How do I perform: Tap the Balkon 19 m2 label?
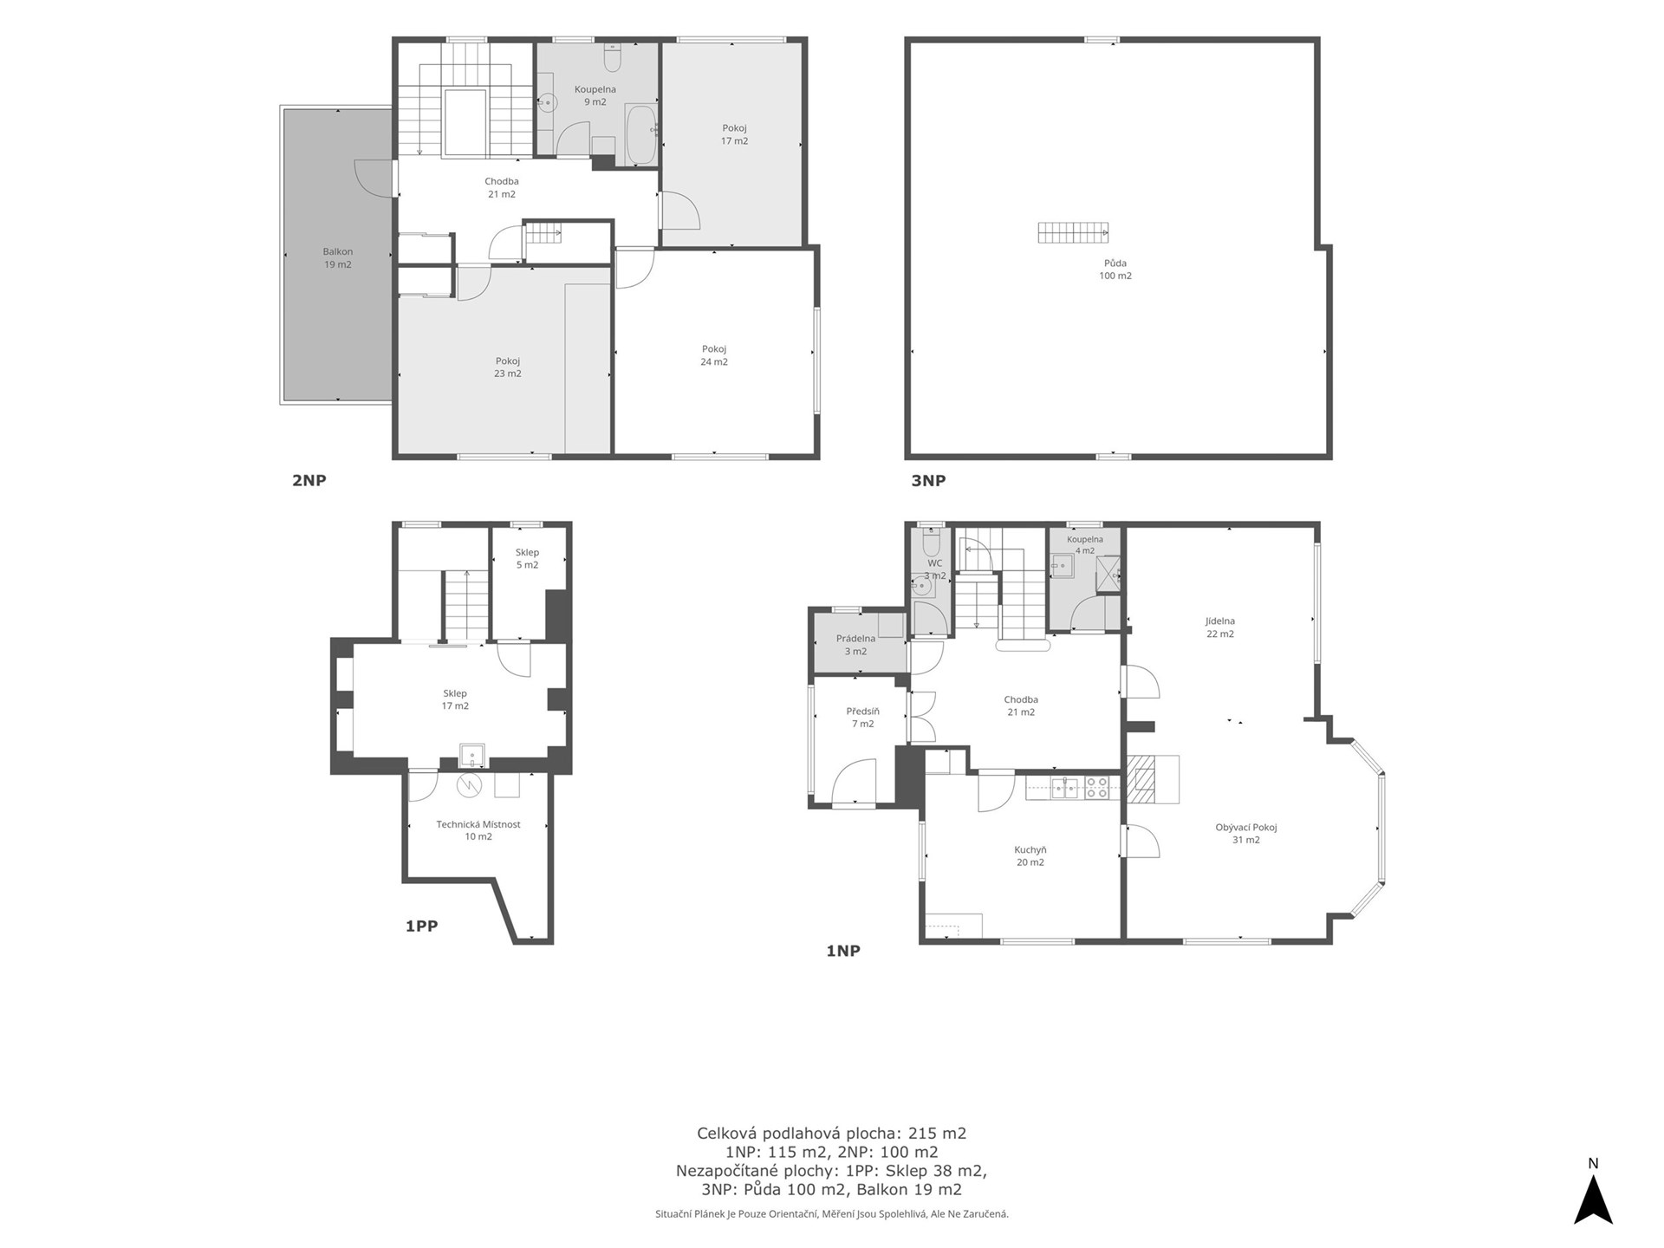point(338,258)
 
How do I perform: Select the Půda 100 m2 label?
point(1115,270)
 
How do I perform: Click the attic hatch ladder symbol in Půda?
point(1073,232)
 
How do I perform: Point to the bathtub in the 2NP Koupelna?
point(641,134)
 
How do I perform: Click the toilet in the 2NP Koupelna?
point(612,58)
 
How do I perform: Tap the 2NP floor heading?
point(309,480)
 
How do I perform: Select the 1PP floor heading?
point(421,926)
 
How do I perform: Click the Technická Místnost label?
point(478,824)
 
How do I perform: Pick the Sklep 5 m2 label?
point(527,559)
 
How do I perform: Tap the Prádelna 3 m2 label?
point(855,645)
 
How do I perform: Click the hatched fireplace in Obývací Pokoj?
point(1141,779)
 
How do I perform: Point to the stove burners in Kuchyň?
point(1096,787)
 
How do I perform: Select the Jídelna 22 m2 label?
point(1220,627)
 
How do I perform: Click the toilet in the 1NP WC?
point(931,543)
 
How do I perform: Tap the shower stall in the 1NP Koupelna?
point(1108,574)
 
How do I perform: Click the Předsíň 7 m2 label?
point(862,718)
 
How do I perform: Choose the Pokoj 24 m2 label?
point(714,355)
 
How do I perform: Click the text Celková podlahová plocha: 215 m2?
point(831,1133)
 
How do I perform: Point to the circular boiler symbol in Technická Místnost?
point(469,784)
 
